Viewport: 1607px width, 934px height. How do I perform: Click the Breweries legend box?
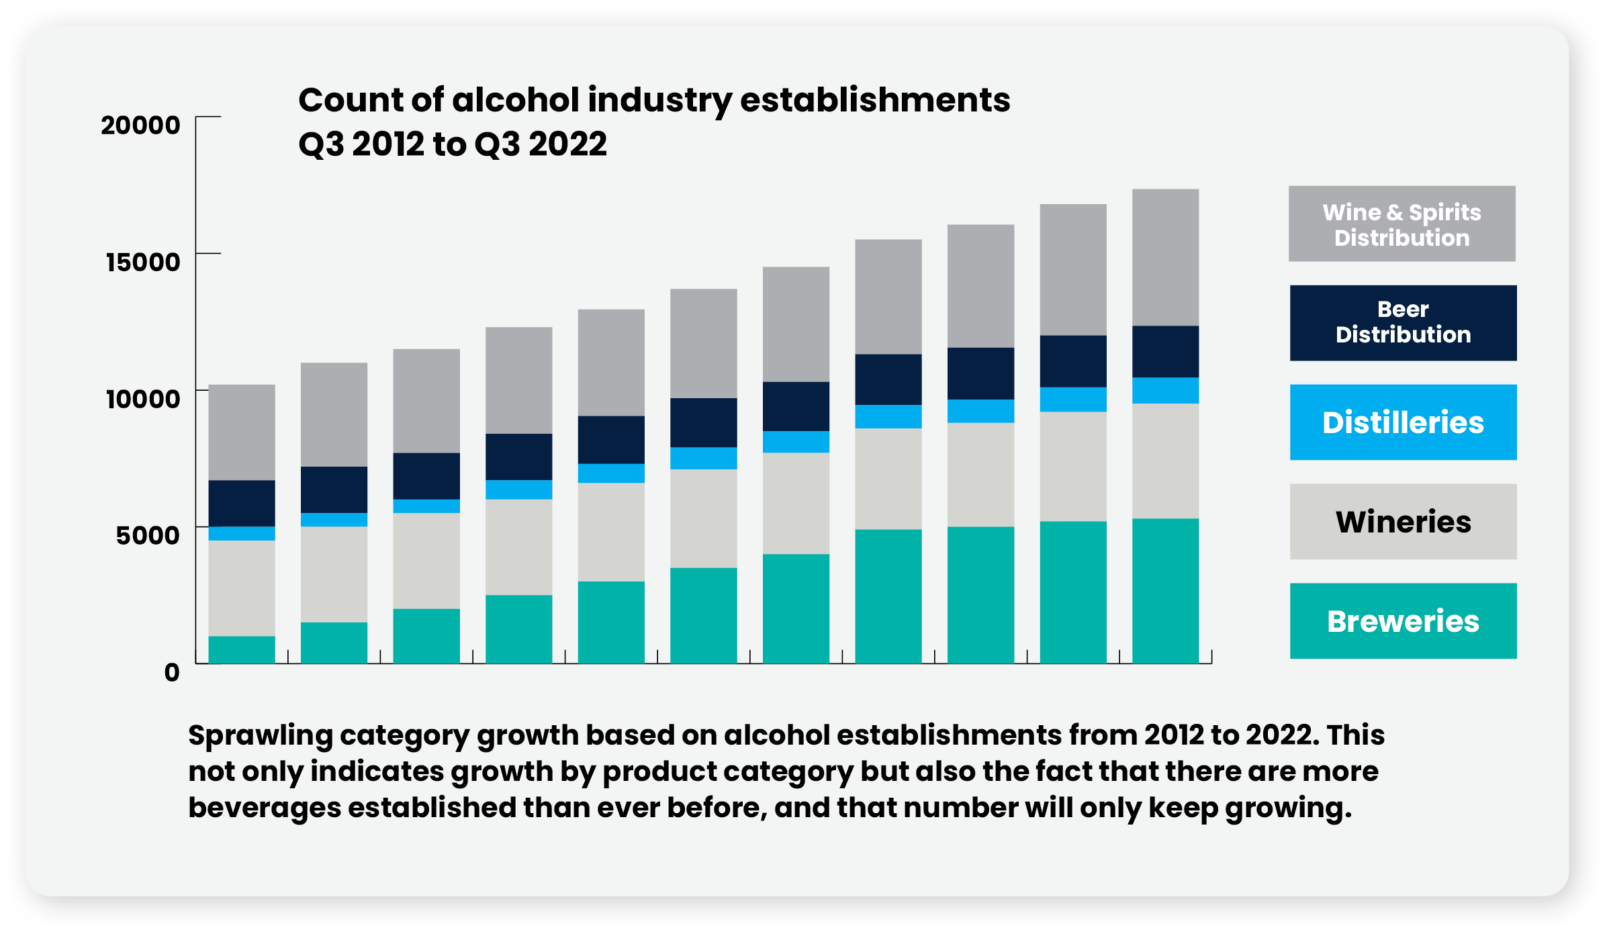point(1402,620)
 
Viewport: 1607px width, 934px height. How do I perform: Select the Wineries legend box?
point(1402,521)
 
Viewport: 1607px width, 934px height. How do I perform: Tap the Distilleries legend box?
point(1402,422)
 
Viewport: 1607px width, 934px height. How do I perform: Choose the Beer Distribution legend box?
point(1402,322)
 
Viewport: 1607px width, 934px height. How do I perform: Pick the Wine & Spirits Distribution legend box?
point(1402,224)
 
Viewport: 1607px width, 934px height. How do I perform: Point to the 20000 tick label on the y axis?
point(140,125)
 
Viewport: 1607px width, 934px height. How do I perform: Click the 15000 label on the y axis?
point(143,262)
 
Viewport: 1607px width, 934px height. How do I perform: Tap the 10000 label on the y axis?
point(143,399)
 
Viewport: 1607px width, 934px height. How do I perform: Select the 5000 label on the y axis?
point(148,535)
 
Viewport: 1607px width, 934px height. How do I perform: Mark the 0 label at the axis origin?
point(172,672)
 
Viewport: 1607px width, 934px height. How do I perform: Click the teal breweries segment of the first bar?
point(242,649)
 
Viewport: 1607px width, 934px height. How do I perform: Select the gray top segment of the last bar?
point(1165,257)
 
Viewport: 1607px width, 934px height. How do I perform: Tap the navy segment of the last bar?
point(1165,351)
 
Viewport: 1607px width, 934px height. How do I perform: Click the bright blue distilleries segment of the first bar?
point(242,533)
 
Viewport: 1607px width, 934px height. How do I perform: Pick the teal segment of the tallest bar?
point(1165,591)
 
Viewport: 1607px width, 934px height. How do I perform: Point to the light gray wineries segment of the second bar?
point(334,574)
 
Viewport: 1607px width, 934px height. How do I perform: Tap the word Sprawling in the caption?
point(260,736)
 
